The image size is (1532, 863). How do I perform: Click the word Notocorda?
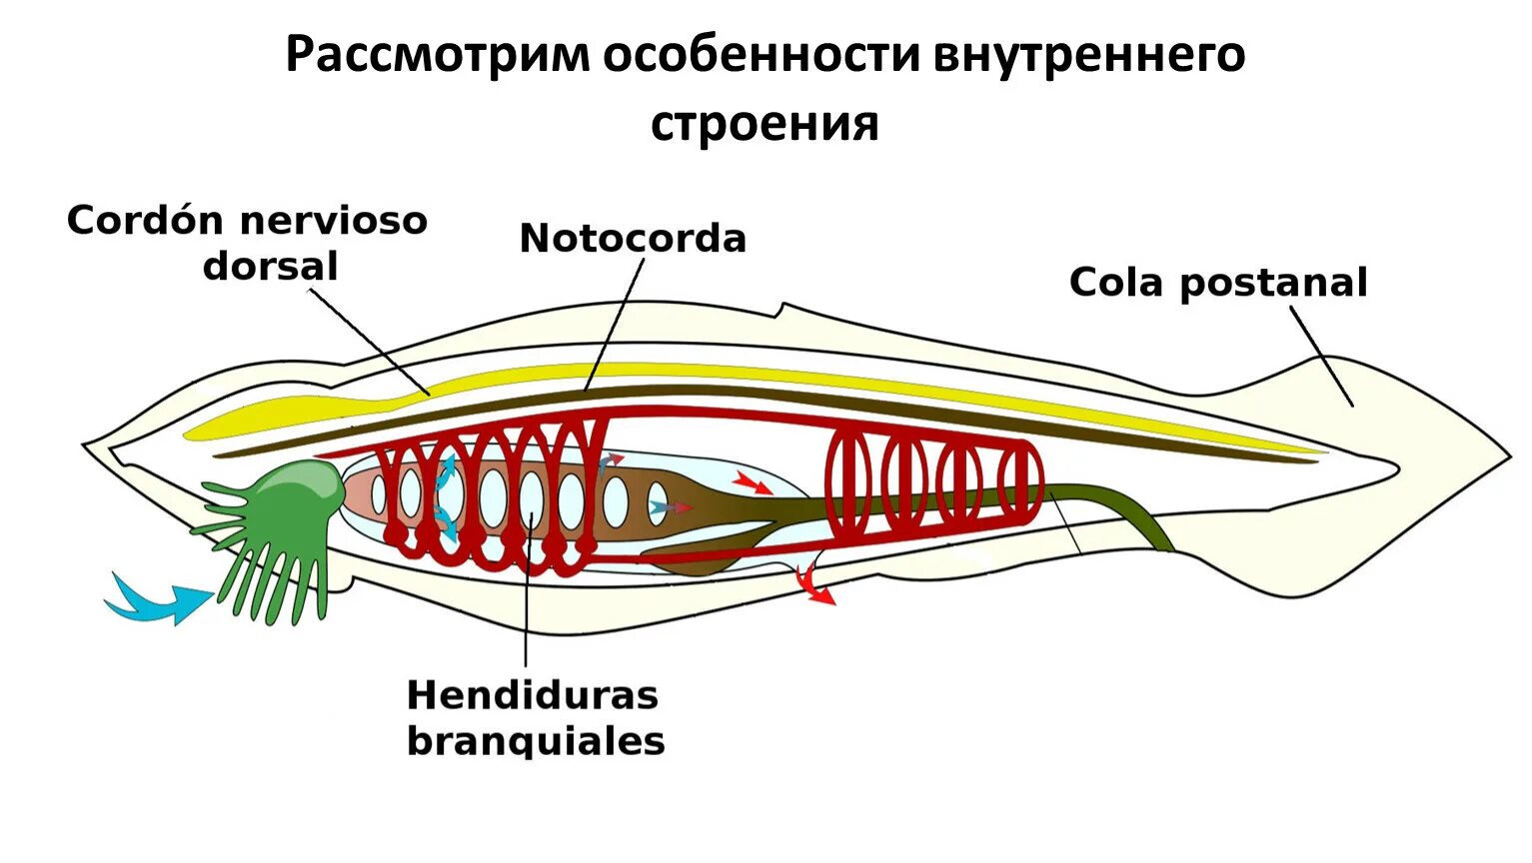[x=633, y=239]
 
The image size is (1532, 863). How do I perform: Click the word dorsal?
[x=270, y=267]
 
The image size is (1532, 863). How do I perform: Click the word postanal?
[x=1273, y=284]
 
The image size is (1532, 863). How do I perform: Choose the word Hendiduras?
[x=533, y=694]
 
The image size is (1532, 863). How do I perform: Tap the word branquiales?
[x=536, y=741]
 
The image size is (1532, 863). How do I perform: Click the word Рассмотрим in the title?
[x=438, y=55]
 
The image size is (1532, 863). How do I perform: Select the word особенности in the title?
[x=761, y=55]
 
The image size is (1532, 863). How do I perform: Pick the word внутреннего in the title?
[x=1089, y=55]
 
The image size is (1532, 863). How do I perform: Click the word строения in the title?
[x=765, y=125]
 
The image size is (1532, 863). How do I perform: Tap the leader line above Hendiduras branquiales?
[x=525, y=599]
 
